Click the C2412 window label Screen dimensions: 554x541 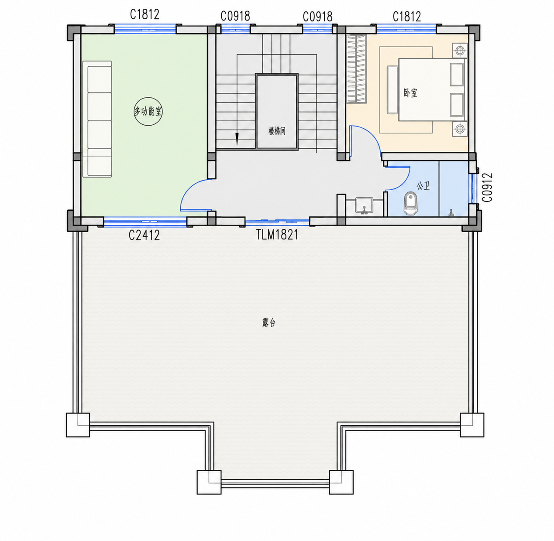click(x=144, y=235)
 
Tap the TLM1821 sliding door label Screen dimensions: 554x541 click(x=277, y=235)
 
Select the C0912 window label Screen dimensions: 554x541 click(x=488, y=187)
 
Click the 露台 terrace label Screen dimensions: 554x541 click(x=268, y=323)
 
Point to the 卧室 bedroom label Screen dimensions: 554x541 click(x=410, y=93)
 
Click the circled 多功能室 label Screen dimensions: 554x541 click(x=148, y=112)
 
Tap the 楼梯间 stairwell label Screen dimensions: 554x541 click(x=277, y=131)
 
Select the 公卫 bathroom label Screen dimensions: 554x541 click(x=423, y=186)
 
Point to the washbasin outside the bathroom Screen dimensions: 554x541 click(x=364, y=205)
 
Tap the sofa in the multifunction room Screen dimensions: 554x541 click(x=97, y=119)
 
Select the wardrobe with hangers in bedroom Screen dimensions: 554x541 click(x=356, y=69)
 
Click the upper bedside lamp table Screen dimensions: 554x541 click(x=460, y=51)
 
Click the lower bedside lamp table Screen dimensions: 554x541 click(x=460, y=129)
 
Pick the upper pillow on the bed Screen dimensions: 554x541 click(x=457, y=74)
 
